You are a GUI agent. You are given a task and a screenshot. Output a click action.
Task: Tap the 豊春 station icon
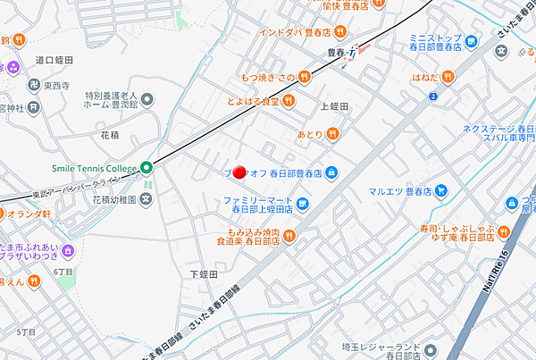point(356,51)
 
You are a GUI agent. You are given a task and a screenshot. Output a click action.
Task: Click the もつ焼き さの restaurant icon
point(304,78)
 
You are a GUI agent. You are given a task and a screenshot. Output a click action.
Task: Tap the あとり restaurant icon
point(332,134)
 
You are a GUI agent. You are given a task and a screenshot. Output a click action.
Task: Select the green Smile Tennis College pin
point(147,167)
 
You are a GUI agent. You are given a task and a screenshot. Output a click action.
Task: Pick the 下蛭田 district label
point(205,275)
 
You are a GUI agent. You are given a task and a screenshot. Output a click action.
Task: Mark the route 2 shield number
point(433,96)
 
